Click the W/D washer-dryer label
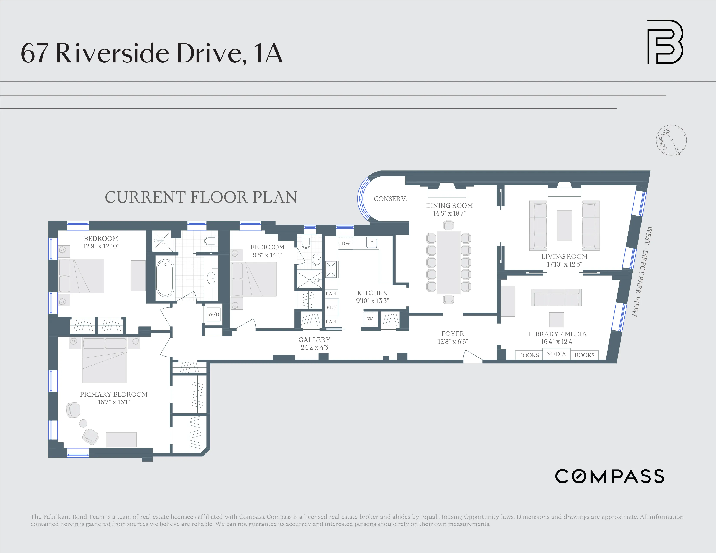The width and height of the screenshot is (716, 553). point(213,314)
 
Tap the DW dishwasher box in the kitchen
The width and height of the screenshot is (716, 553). point(346,243)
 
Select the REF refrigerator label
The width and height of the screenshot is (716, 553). point(331,307)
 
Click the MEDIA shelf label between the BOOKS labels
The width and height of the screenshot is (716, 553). point(556,354)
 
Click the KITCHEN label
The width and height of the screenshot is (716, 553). point(372,293)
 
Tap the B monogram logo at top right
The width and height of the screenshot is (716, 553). point(665,42)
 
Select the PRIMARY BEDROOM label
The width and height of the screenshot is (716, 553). point(114,394)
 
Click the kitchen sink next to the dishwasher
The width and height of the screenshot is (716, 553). point(372,243)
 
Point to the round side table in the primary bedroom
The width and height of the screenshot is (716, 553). point(83,423)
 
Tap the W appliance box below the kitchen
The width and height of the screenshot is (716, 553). point(370,319)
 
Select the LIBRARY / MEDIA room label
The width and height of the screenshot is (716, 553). point(557,334)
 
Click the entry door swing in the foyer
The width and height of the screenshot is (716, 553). point(472,357)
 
